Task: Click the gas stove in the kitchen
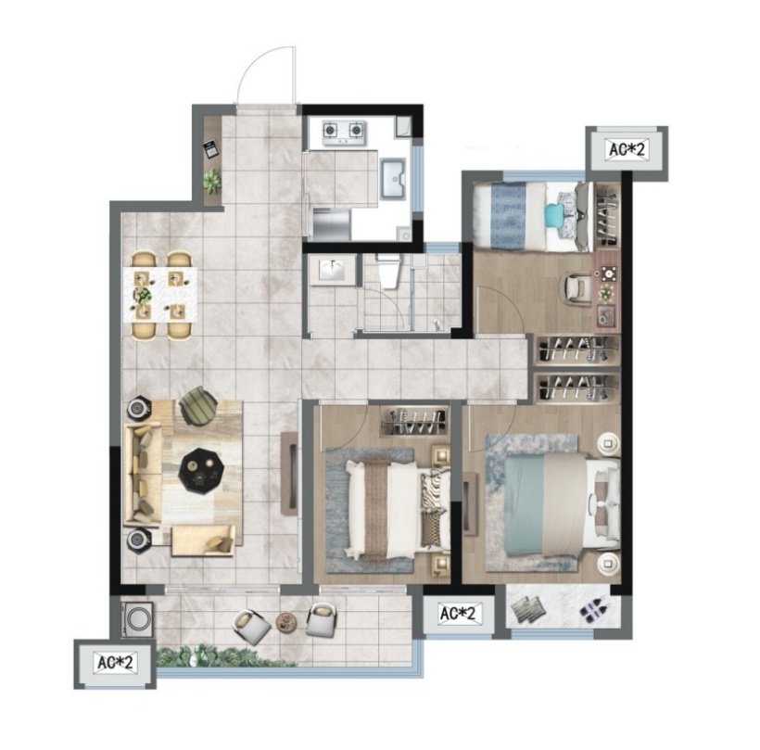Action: (x=344, y=133)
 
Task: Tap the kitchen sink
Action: (x=394, y=178)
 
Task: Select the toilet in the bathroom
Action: (x=388, y=272)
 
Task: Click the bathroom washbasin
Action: (x=332, y=270)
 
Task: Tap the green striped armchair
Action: (x=198, y=405)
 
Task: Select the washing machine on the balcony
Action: (x=138, y=619)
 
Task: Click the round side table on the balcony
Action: (x=286, y=621)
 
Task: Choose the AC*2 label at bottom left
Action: (x=115, y=662)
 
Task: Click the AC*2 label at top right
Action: (x=627, y=149)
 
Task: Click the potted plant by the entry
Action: (x=212, y=181)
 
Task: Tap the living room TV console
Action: (x=289, y=473)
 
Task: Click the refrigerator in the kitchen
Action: (x=332, y=224)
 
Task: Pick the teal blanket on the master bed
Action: (x=525, y=505)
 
